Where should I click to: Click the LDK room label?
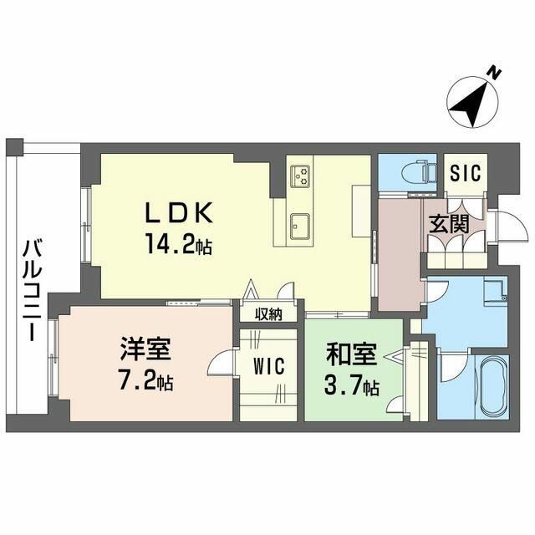coord(179,212)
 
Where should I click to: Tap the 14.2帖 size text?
coord(179,244)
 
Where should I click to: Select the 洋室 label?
coord(145,349)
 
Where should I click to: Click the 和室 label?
coord(351,354)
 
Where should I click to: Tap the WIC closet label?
coord(269,367)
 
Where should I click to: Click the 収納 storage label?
coord(269,314)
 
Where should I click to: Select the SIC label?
coord(466,173)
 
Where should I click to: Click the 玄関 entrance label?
coord(449,224)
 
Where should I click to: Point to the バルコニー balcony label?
coord(33,290)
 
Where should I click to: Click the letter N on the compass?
coord(493,73)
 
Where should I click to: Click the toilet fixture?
coord(419,173)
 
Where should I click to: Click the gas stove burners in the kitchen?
coord(300,176)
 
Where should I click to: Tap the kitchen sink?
coord(300,227)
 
